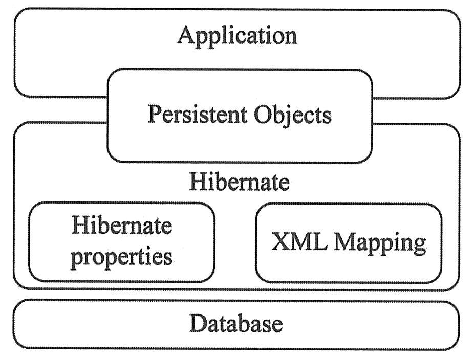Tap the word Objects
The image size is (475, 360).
point(293,115)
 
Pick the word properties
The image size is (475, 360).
point(122,255)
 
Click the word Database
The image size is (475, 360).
point(236,324)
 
